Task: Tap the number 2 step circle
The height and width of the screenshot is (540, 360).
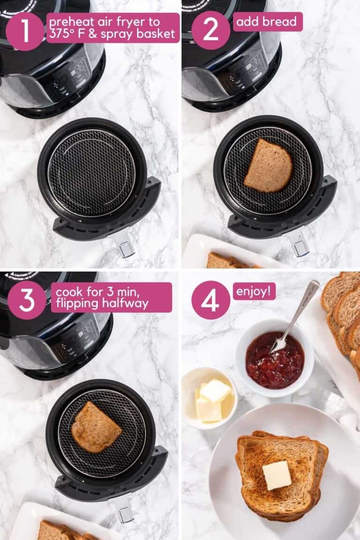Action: [x=210, y=30]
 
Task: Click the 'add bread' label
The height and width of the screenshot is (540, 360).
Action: [x=268, y=22]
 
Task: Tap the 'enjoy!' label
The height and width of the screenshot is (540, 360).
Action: [x=254, y=291]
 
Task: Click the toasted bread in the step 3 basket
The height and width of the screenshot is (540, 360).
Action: [x=97, y=427]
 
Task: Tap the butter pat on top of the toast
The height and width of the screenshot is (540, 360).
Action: [x=277, y=475]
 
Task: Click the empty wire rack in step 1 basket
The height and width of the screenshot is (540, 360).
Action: [x=92, y=173]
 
